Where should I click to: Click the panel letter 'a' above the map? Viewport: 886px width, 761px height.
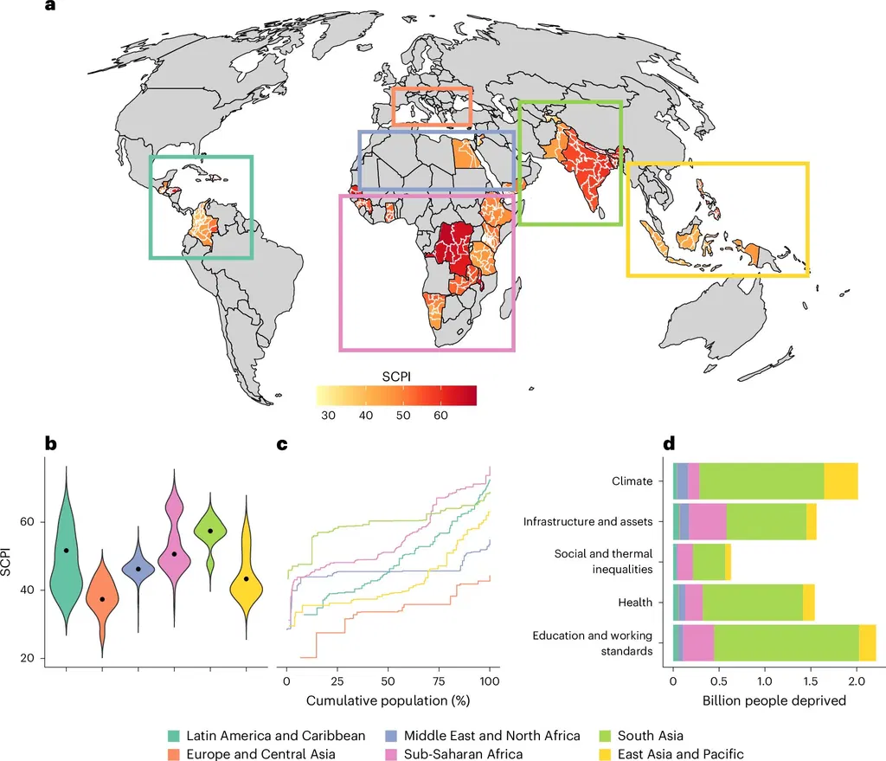click(50, 6)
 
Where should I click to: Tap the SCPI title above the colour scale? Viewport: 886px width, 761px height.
click(396, 377)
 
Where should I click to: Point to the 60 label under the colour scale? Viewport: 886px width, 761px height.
click(440, 415)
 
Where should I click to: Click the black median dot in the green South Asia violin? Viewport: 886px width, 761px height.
click(210, 531)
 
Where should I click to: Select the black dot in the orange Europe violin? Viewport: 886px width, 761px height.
click(102, 599)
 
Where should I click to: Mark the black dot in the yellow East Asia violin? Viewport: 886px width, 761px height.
click(247, 579)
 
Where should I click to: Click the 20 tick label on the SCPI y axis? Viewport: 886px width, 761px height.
click(27, 658)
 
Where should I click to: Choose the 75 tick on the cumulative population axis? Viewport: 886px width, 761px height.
click(439, 681)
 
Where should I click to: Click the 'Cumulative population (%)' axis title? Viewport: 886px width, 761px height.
click(388, 700)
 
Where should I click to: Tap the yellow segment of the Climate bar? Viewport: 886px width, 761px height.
click(841, 481)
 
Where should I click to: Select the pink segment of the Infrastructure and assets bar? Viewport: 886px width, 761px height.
click(708, 521)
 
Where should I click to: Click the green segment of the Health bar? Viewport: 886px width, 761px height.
click(753, 603)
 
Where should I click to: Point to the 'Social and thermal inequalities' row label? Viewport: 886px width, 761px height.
click(603, 561)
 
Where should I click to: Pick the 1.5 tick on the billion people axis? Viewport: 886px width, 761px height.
click(810, 681)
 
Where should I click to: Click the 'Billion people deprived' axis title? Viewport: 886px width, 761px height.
click(774, 700)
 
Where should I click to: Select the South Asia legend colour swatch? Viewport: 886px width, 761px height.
click(605, 736)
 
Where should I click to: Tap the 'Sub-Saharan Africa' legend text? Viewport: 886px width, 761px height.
click(464, 754)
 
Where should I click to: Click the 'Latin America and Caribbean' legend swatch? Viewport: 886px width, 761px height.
click(173, 736)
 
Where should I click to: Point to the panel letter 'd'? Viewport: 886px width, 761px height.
click(669, 443)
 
